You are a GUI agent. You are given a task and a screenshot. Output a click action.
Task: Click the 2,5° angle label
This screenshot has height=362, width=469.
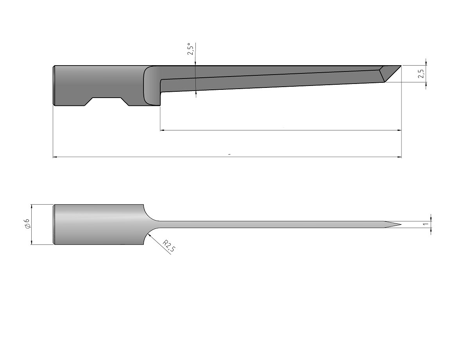click(191, 49)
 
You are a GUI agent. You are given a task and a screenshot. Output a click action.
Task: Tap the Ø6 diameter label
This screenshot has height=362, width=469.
click(27, 224)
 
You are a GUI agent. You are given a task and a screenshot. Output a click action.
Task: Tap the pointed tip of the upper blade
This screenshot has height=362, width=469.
click(401, 66)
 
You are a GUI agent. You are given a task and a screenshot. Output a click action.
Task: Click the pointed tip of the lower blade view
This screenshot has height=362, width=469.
click(401, 225)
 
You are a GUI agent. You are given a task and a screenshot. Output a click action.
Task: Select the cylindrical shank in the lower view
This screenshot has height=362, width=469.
click(98, 224)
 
